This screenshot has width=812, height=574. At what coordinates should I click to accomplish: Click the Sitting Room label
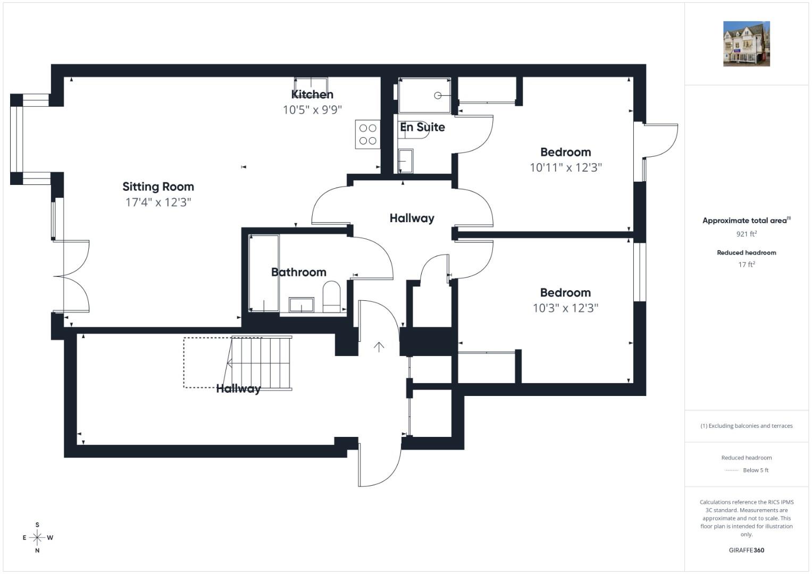[158, 187]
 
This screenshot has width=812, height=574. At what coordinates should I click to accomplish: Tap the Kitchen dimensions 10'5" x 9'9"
[312, 109]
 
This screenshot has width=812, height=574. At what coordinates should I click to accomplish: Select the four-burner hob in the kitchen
[367, 134]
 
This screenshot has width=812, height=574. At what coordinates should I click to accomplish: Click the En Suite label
[422, 127]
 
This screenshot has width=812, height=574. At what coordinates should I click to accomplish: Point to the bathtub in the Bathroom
[264, 273]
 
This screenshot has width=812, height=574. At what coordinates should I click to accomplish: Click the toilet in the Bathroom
[331, 297]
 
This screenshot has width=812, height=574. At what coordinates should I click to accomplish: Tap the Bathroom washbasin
[301, 305]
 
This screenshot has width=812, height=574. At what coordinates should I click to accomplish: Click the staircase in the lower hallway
[261, 363]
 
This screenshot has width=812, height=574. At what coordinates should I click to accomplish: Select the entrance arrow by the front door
[379, 347]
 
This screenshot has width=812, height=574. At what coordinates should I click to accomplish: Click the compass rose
[37, 537]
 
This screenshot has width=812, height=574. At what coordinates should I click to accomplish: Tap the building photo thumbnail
[747, 44]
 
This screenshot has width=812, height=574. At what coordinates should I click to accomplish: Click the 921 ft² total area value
[747, 234]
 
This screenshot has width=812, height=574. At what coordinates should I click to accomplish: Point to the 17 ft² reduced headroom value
[747, 264]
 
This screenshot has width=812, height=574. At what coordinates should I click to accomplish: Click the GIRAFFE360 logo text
[747, 550]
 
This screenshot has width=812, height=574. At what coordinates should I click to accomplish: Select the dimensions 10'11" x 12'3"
[565, 167]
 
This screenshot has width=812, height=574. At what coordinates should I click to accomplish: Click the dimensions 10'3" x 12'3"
[565, 308]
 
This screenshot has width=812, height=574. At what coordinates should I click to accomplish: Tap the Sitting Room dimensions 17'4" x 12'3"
[158, 202]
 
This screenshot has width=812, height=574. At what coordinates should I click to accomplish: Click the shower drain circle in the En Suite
[438, 96]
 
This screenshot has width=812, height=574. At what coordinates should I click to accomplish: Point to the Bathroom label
[299, 272]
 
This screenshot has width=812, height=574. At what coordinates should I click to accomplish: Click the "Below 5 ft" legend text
[756, 470]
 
